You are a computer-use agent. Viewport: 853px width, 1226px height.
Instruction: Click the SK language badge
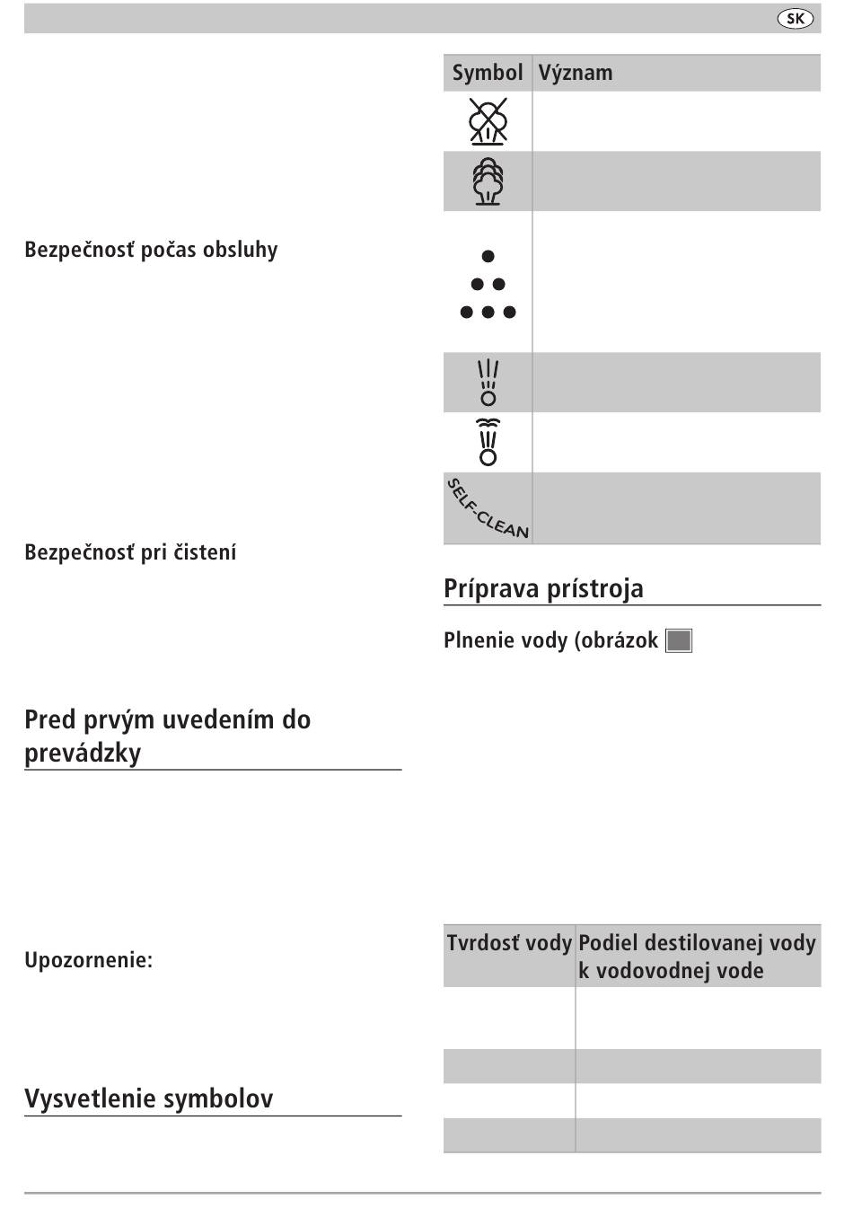pos(795,19)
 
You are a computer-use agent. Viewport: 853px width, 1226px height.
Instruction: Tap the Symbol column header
pos(487,73)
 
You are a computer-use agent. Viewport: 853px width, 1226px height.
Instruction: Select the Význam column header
pos(576,73)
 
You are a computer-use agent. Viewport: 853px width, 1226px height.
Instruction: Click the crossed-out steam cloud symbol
pos(488,121)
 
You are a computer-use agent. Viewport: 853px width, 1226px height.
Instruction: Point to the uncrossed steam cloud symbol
pos(488,181)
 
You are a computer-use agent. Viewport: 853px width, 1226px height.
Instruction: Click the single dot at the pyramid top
pos(488,257)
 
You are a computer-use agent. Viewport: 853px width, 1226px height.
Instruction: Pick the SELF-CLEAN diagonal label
pos(488,508)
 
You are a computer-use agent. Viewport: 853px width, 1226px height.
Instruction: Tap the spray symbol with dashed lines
pos(488,383)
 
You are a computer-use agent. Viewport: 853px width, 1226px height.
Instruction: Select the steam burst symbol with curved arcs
pos(488,442)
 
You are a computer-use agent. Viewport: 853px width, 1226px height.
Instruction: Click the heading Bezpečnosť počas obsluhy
pos(151,250)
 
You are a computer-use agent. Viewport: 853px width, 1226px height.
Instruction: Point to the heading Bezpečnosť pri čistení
pos(130,552)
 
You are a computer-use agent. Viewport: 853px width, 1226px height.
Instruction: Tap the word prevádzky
pos(83,753)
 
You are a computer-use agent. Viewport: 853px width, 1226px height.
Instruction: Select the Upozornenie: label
pos(88,960)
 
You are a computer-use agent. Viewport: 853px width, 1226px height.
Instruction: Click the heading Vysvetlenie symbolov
pos(148,1098)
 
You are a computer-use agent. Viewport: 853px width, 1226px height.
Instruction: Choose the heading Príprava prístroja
pos(543,589)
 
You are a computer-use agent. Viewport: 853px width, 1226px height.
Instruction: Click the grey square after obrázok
pos(679,641)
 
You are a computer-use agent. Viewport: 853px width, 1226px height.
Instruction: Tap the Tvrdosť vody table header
pos(509,943)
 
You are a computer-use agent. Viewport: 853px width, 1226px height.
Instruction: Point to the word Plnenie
pos(472,640)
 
